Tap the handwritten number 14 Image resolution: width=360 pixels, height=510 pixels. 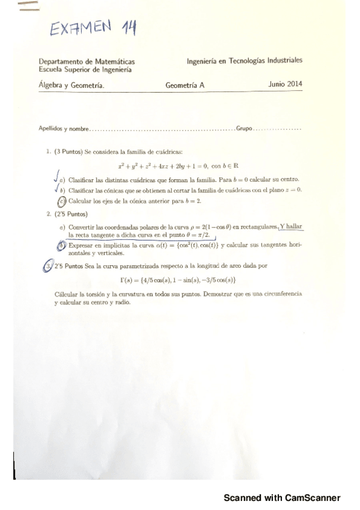(x=123, y=26)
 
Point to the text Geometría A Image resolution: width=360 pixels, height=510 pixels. (x=185, y=85)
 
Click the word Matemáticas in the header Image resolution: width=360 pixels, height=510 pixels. (x=114, y=61)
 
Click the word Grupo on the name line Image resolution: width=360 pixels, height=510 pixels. (x=245, y=129)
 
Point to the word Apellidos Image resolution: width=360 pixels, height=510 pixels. (x=50, y=129)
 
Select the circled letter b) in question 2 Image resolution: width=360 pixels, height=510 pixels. (x=61, y=245)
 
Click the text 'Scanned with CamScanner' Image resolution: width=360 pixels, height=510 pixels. (x=281, y=497)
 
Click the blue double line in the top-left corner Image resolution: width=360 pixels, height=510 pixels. (x=28, y=7)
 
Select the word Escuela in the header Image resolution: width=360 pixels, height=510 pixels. (x=50, y=69)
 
